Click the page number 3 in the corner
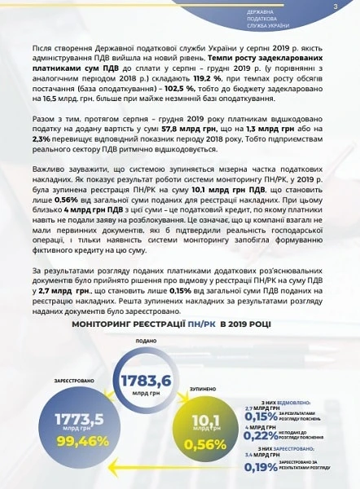(x=335, y=7)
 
